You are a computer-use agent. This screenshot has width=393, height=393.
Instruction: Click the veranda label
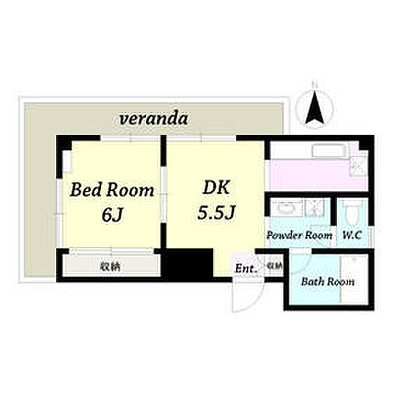[154, 119]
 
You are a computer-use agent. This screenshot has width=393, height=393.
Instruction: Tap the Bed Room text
[112, 190]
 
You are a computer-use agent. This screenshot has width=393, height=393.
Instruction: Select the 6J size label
[112, 215]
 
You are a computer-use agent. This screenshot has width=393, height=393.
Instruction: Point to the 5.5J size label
[216, 212]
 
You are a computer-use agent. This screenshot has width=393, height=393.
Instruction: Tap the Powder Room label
[299, 235]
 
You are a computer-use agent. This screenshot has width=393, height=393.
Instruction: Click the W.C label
[352, 235]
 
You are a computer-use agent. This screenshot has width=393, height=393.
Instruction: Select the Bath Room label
[328, 281]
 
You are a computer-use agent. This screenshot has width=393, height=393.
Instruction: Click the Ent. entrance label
[246, 269]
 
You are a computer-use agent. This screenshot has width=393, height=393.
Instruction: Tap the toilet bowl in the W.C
[352, 213]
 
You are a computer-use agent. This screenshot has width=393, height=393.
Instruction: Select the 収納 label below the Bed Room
[110, 266]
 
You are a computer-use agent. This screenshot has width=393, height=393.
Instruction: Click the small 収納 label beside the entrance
[274, 265]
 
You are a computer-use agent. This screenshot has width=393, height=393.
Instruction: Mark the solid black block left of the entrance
[188, 263]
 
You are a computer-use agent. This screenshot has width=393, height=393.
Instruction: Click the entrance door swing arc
[254, 302]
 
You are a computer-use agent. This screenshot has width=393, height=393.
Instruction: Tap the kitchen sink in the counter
[329, 152]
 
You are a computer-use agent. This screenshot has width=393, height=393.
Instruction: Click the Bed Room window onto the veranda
[131, 138]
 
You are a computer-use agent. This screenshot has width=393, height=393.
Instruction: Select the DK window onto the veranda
[202, 138]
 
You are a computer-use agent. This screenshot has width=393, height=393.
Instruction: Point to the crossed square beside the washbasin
[312, 208]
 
